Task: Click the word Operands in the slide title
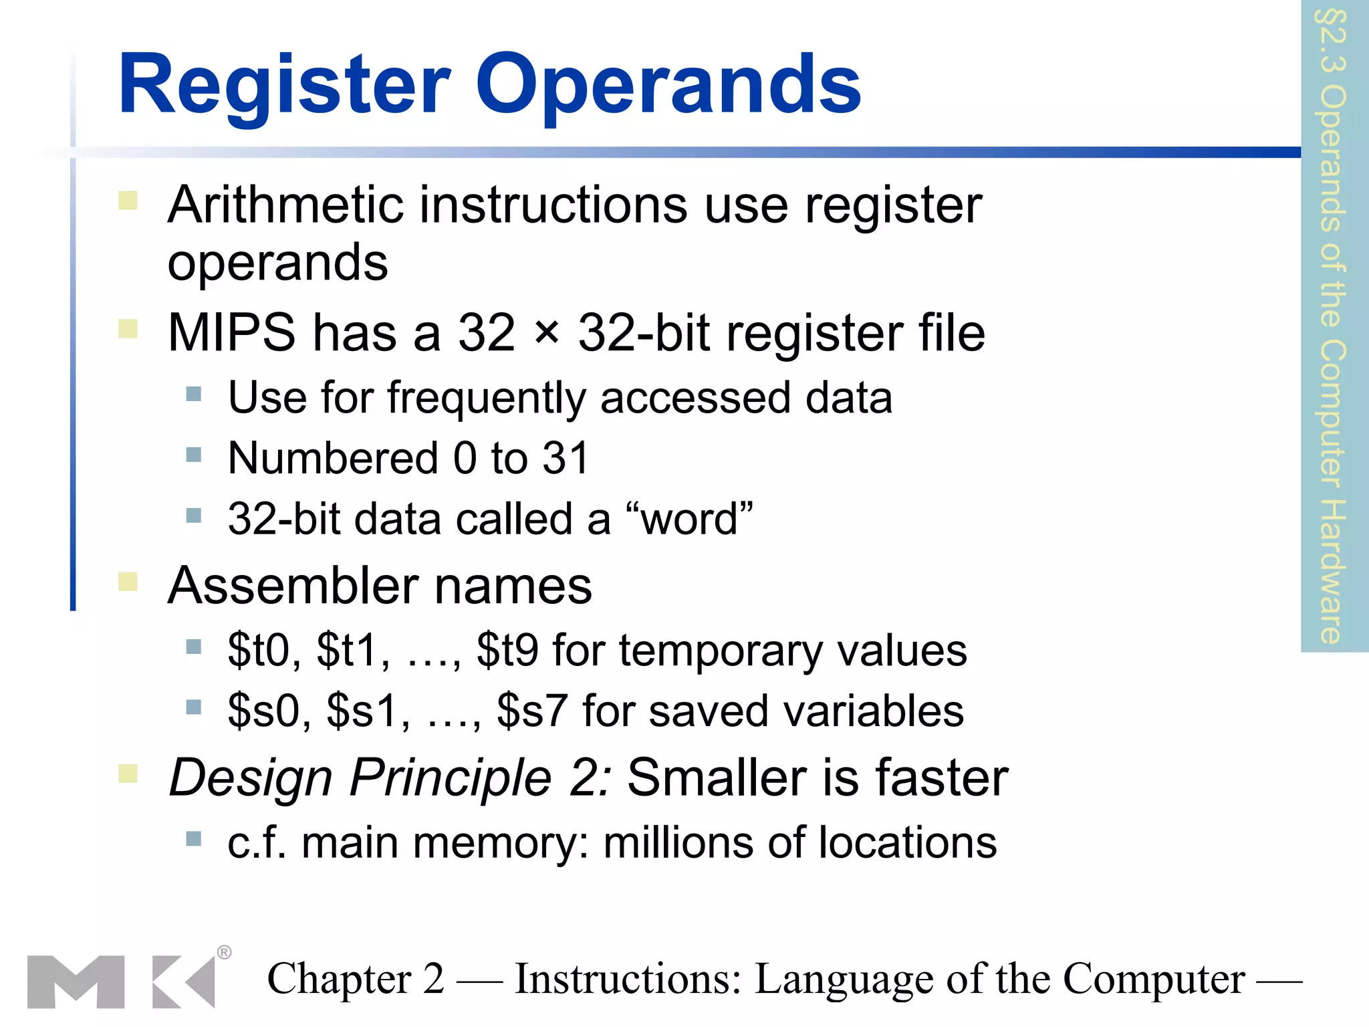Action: pos(668,86)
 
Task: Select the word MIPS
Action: pos(231,332)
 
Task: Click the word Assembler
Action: pos(293,586)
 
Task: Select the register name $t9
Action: pos(507,650)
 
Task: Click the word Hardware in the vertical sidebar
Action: pos(1332,572)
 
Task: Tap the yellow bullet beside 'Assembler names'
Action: pos(128,582)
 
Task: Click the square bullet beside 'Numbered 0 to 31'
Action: pos(194,455)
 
